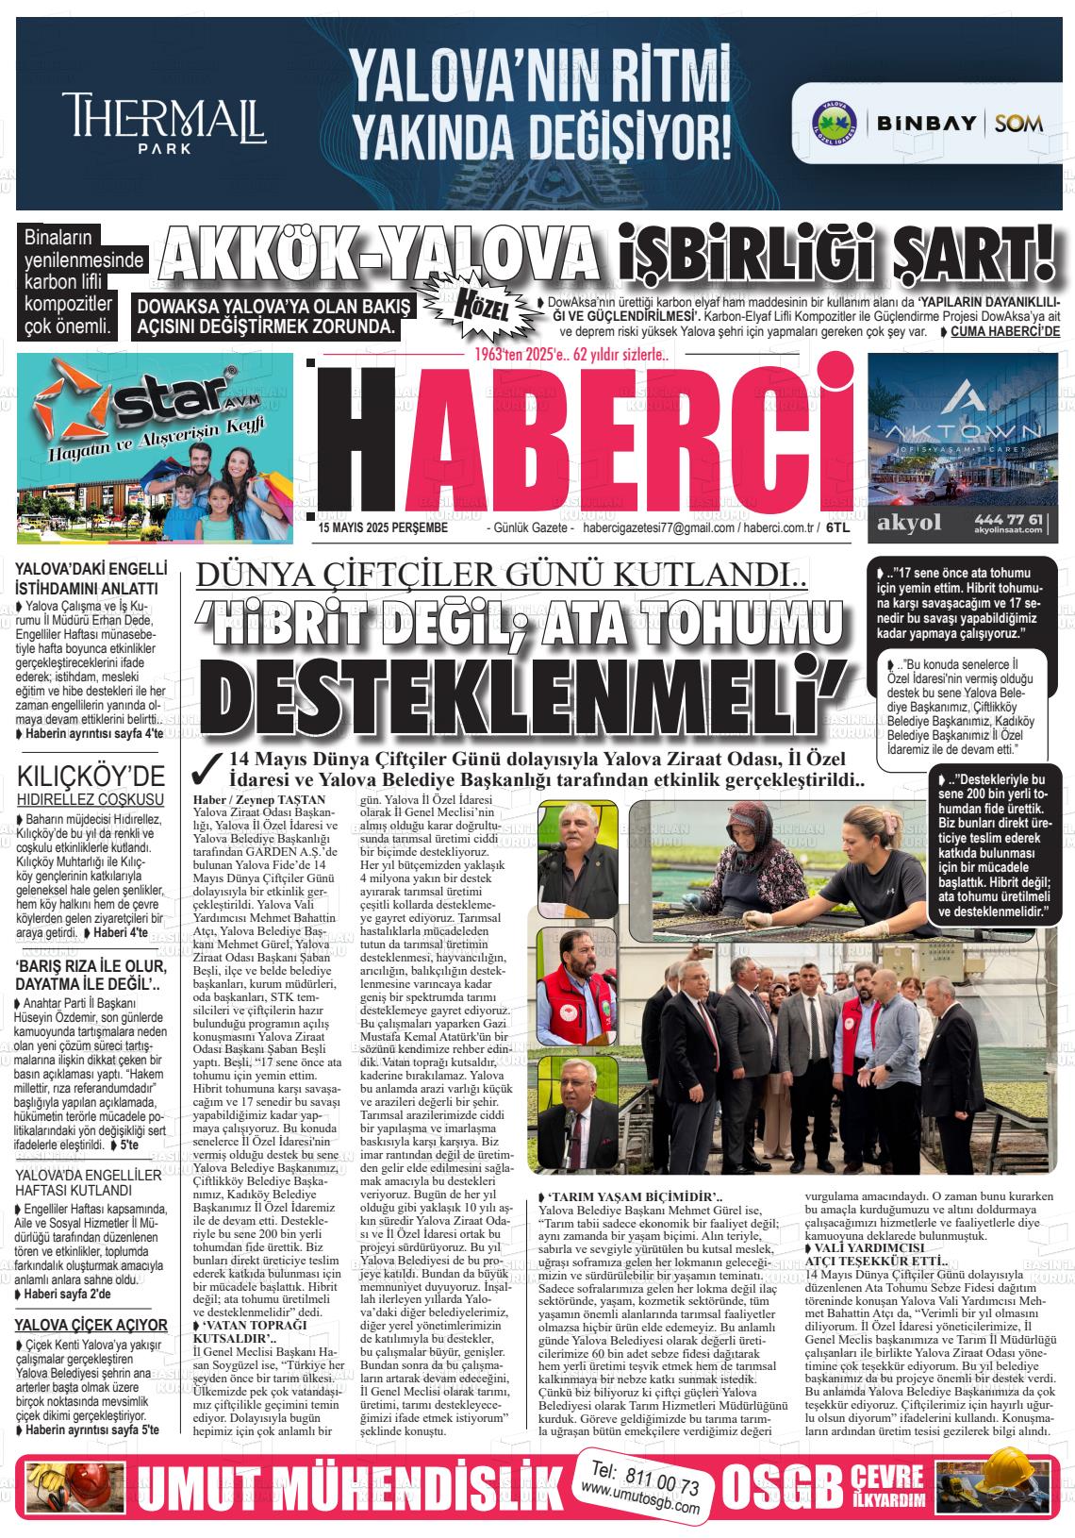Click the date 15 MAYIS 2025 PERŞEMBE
tap(383, 529)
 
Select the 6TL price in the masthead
tap(838, 529)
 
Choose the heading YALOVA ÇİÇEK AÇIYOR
tap(91, 1325)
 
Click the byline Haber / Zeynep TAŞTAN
tap(258, 799)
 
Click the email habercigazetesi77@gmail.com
tap(659, 529)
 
